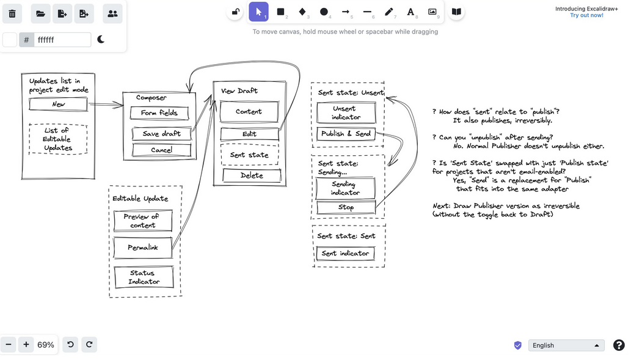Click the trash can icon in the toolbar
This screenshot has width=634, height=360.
pos(12,13)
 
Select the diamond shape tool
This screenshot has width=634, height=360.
pos(302,12)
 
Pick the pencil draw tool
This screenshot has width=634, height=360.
pos(388,12)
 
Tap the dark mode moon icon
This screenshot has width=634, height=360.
pos(101,40)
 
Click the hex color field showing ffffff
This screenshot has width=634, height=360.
pos(62,40)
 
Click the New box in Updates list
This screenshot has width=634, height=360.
pos(59,105)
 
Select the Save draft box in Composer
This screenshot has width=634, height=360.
pos(161,134)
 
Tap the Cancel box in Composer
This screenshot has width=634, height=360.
pos(161,150)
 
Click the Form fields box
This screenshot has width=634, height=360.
pos(159,113)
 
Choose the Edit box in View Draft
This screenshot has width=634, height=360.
pos(249,134)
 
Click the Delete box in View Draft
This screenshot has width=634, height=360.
pos(252,175)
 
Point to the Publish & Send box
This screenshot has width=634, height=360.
pos(346,134)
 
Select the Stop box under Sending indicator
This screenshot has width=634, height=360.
pos(346,207)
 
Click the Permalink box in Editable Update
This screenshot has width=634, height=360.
pos(143,248)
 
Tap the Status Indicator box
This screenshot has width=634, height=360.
pos(144,277)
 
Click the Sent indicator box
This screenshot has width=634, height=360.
pos(345,253)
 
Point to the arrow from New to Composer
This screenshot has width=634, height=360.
pos(107,105)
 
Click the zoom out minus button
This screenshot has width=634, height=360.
pos(9,345)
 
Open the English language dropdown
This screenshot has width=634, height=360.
pos(566,345)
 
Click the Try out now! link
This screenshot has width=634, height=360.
pos(586,15)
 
